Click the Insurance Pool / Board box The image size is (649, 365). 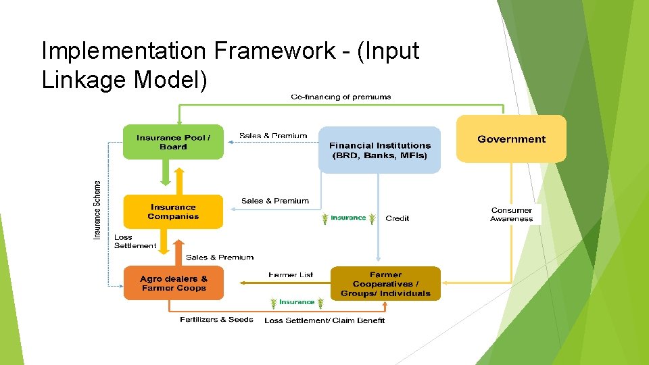point(173,142)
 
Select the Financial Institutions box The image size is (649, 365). point(379,150)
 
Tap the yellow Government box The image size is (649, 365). point(511,139)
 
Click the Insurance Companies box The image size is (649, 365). point(173,212)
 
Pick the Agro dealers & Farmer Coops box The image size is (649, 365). point(173,283)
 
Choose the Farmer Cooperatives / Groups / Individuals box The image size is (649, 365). point(385,284)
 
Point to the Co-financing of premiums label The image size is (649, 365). point(341,97)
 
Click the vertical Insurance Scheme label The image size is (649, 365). point(97,210)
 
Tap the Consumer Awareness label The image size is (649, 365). point(512,214)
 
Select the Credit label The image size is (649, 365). point(397,218)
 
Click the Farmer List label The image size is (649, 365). point(291,275)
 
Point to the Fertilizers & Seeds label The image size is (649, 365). point(216,320)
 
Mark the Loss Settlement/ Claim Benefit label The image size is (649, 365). point(324,320)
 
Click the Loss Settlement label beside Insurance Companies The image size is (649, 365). point(135,241)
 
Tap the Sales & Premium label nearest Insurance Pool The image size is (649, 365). point(273,136)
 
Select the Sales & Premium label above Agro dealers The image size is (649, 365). point(220,258)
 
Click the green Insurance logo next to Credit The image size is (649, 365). point(348,218)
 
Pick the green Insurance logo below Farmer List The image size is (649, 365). point(297,302)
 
